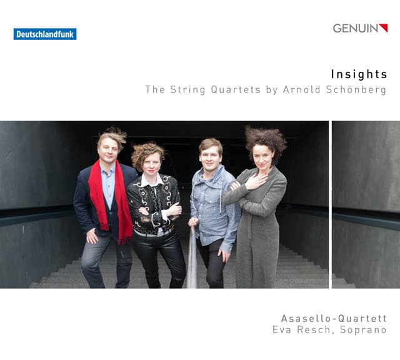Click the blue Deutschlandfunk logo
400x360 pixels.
click(x=45, y=34)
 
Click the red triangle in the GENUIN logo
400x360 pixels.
click(x=384, y=27)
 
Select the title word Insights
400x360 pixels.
click(x=359, y=74)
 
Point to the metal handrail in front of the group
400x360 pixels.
click(x=191, y=262)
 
